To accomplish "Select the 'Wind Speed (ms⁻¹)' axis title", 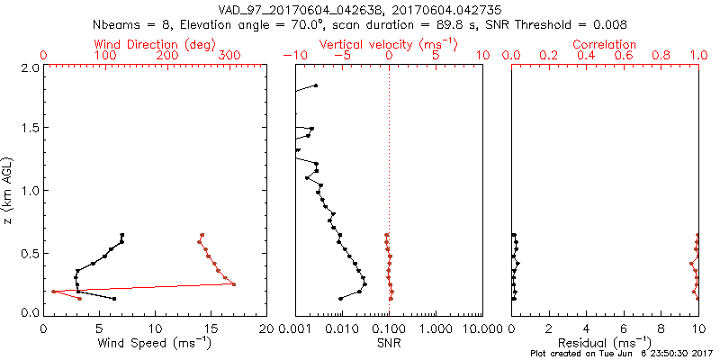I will tap(155, 344).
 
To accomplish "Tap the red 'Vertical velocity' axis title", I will tap(377, 44).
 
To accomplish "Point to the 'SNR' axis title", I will tap(389, 344).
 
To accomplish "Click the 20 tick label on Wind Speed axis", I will tap(267, 328).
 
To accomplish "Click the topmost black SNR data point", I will tap(316, 85).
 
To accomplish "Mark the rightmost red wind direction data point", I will tap(234, 284).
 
